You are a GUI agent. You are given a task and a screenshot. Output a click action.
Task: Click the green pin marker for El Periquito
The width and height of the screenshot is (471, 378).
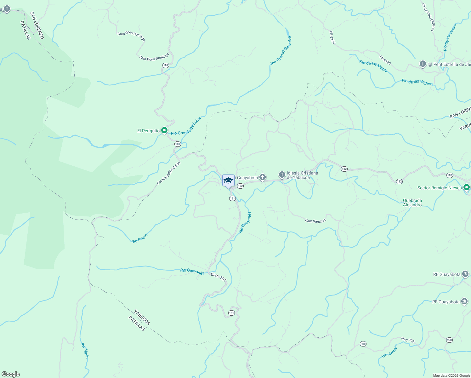click(x=164, y=130)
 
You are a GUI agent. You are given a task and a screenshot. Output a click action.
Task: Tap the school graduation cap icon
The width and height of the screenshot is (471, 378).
click(x=228, y=181)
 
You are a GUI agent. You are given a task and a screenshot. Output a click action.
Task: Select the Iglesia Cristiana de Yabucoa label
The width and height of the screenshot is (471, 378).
click(x=302, y=175)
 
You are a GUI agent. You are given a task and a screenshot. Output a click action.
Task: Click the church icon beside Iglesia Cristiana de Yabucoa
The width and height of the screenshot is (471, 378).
click(x=282, y=174)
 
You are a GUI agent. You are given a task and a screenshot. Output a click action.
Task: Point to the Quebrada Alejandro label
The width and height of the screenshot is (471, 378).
click(x=412, y=203)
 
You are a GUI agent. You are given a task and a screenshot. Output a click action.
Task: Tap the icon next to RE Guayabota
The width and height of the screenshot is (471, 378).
click(x=465, y=274)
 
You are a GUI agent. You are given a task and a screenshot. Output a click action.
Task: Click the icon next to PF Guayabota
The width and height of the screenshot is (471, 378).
click(x=464, y=301)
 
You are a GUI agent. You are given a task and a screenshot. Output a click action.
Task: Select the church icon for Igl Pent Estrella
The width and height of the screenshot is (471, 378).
click(x=423, y=64)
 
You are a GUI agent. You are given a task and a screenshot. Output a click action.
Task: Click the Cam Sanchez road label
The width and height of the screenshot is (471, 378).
click(x=315, y=221)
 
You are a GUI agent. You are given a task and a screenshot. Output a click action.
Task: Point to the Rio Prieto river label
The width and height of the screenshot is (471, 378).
click(x=139, y=238)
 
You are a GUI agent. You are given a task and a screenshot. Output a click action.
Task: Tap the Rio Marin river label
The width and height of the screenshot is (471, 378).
click(x=85, y=350)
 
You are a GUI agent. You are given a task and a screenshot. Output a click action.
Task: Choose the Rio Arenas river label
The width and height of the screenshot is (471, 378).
click(x=389, y=352)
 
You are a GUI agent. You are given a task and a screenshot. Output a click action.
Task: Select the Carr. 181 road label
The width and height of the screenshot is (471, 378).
click(x=218, y=277)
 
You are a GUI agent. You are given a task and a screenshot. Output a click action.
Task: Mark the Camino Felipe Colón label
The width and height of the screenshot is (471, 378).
click(x=168, y=173)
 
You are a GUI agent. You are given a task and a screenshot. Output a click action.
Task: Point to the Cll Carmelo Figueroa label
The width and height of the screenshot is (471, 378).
click(x=429, y=17)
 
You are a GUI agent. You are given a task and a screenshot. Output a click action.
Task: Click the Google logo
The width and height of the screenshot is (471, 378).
click(x=10, y=374)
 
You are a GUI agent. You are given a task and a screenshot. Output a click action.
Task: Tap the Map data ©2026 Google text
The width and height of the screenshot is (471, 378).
click(x=451, y=375)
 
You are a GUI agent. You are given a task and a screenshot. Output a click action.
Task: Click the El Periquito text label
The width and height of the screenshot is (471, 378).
click(x=148, y=131)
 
